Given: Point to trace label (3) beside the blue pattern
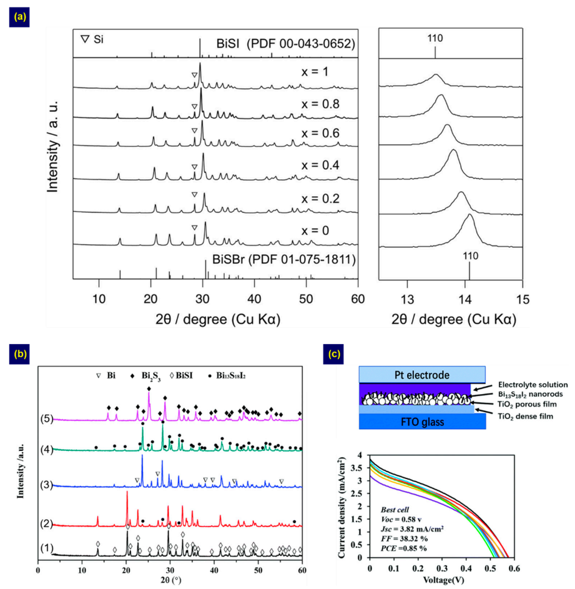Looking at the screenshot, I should (46, 484).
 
